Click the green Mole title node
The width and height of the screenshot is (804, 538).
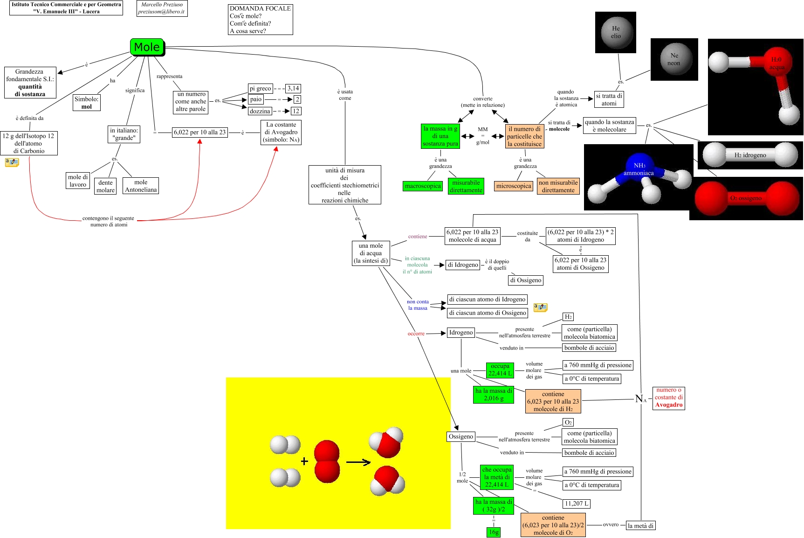click(x=147, y=47)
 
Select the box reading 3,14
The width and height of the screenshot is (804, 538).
click(x=293, y=88)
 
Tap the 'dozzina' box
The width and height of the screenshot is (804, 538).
click(x=260, y=111)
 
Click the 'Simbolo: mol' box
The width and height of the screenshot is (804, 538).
click(x=87, y=103)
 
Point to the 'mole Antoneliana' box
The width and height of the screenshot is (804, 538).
click(x=141, y=186)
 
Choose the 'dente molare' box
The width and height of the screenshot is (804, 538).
click(x=105, y=186)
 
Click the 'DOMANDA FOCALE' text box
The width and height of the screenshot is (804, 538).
click(x=260, y=20)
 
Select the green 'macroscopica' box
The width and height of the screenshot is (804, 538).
click(x=423, y=186)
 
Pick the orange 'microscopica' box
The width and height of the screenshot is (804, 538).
click(x=514, y=186)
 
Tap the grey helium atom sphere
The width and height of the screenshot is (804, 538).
click(x=616, y=32)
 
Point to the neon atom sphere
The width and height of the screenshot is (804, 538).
click(x=674, y=59)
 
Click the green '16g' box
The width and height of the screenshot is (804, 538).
click(x=494, y=532)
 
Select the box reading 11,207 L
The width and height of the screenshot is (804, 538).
click(x=577, y=503)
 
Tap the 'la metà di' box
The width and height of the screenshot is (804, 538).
click(x=640, y=525)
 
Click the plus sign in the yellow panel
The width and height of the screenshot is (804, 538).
click(x=304, y=461)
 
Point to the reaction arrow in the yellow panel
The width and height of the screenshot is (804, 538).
click(x=358, y=462)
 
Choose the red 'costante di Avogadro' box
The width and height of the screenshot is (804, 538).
click(x=668, y=398)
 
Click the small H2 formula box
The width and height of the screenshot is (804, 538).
click(x=568, y=317)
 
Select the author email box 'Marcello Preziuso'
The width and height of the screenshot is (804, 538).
click(x=162, y=8)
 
